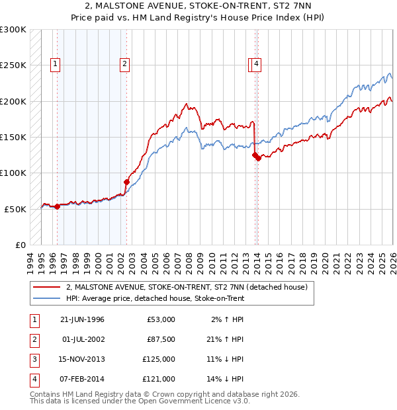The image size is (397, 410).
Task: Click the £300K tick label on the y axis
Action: [x=13, y=30]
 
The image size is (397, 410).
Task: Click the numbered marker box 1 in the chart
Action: [x=54, y=64]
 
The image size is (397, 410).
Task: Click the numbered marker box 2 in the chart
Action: [x=124, y=64]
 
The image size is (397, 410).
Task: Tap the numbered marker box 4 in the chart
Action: [x=256, y=64]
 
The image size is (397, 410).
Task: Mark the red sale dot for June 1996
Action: [x=57, y=206]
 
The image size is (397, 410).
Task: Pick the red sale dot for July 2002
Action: [x=126, y=181]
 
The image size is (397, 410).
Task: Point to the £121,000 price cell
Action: [x=159, y=379]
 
